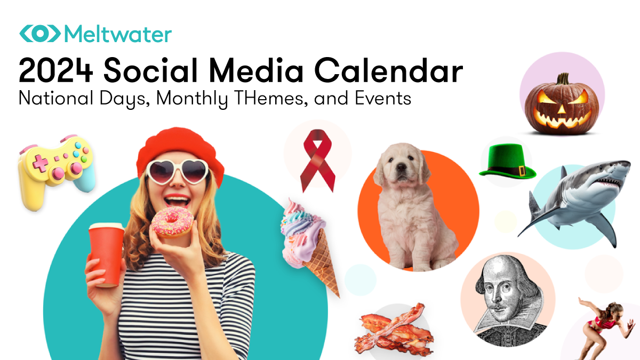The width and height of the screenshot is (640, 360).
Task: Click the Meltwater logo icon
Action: tap(41, 33)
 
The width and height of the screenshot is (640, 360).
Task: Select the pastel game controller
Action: tap(55, 169)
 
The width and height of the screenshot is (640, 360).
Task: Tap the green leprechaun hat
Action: tap(507, 161)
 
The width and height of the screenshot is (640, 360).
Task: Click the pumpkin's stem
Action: tap(563, 79)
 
